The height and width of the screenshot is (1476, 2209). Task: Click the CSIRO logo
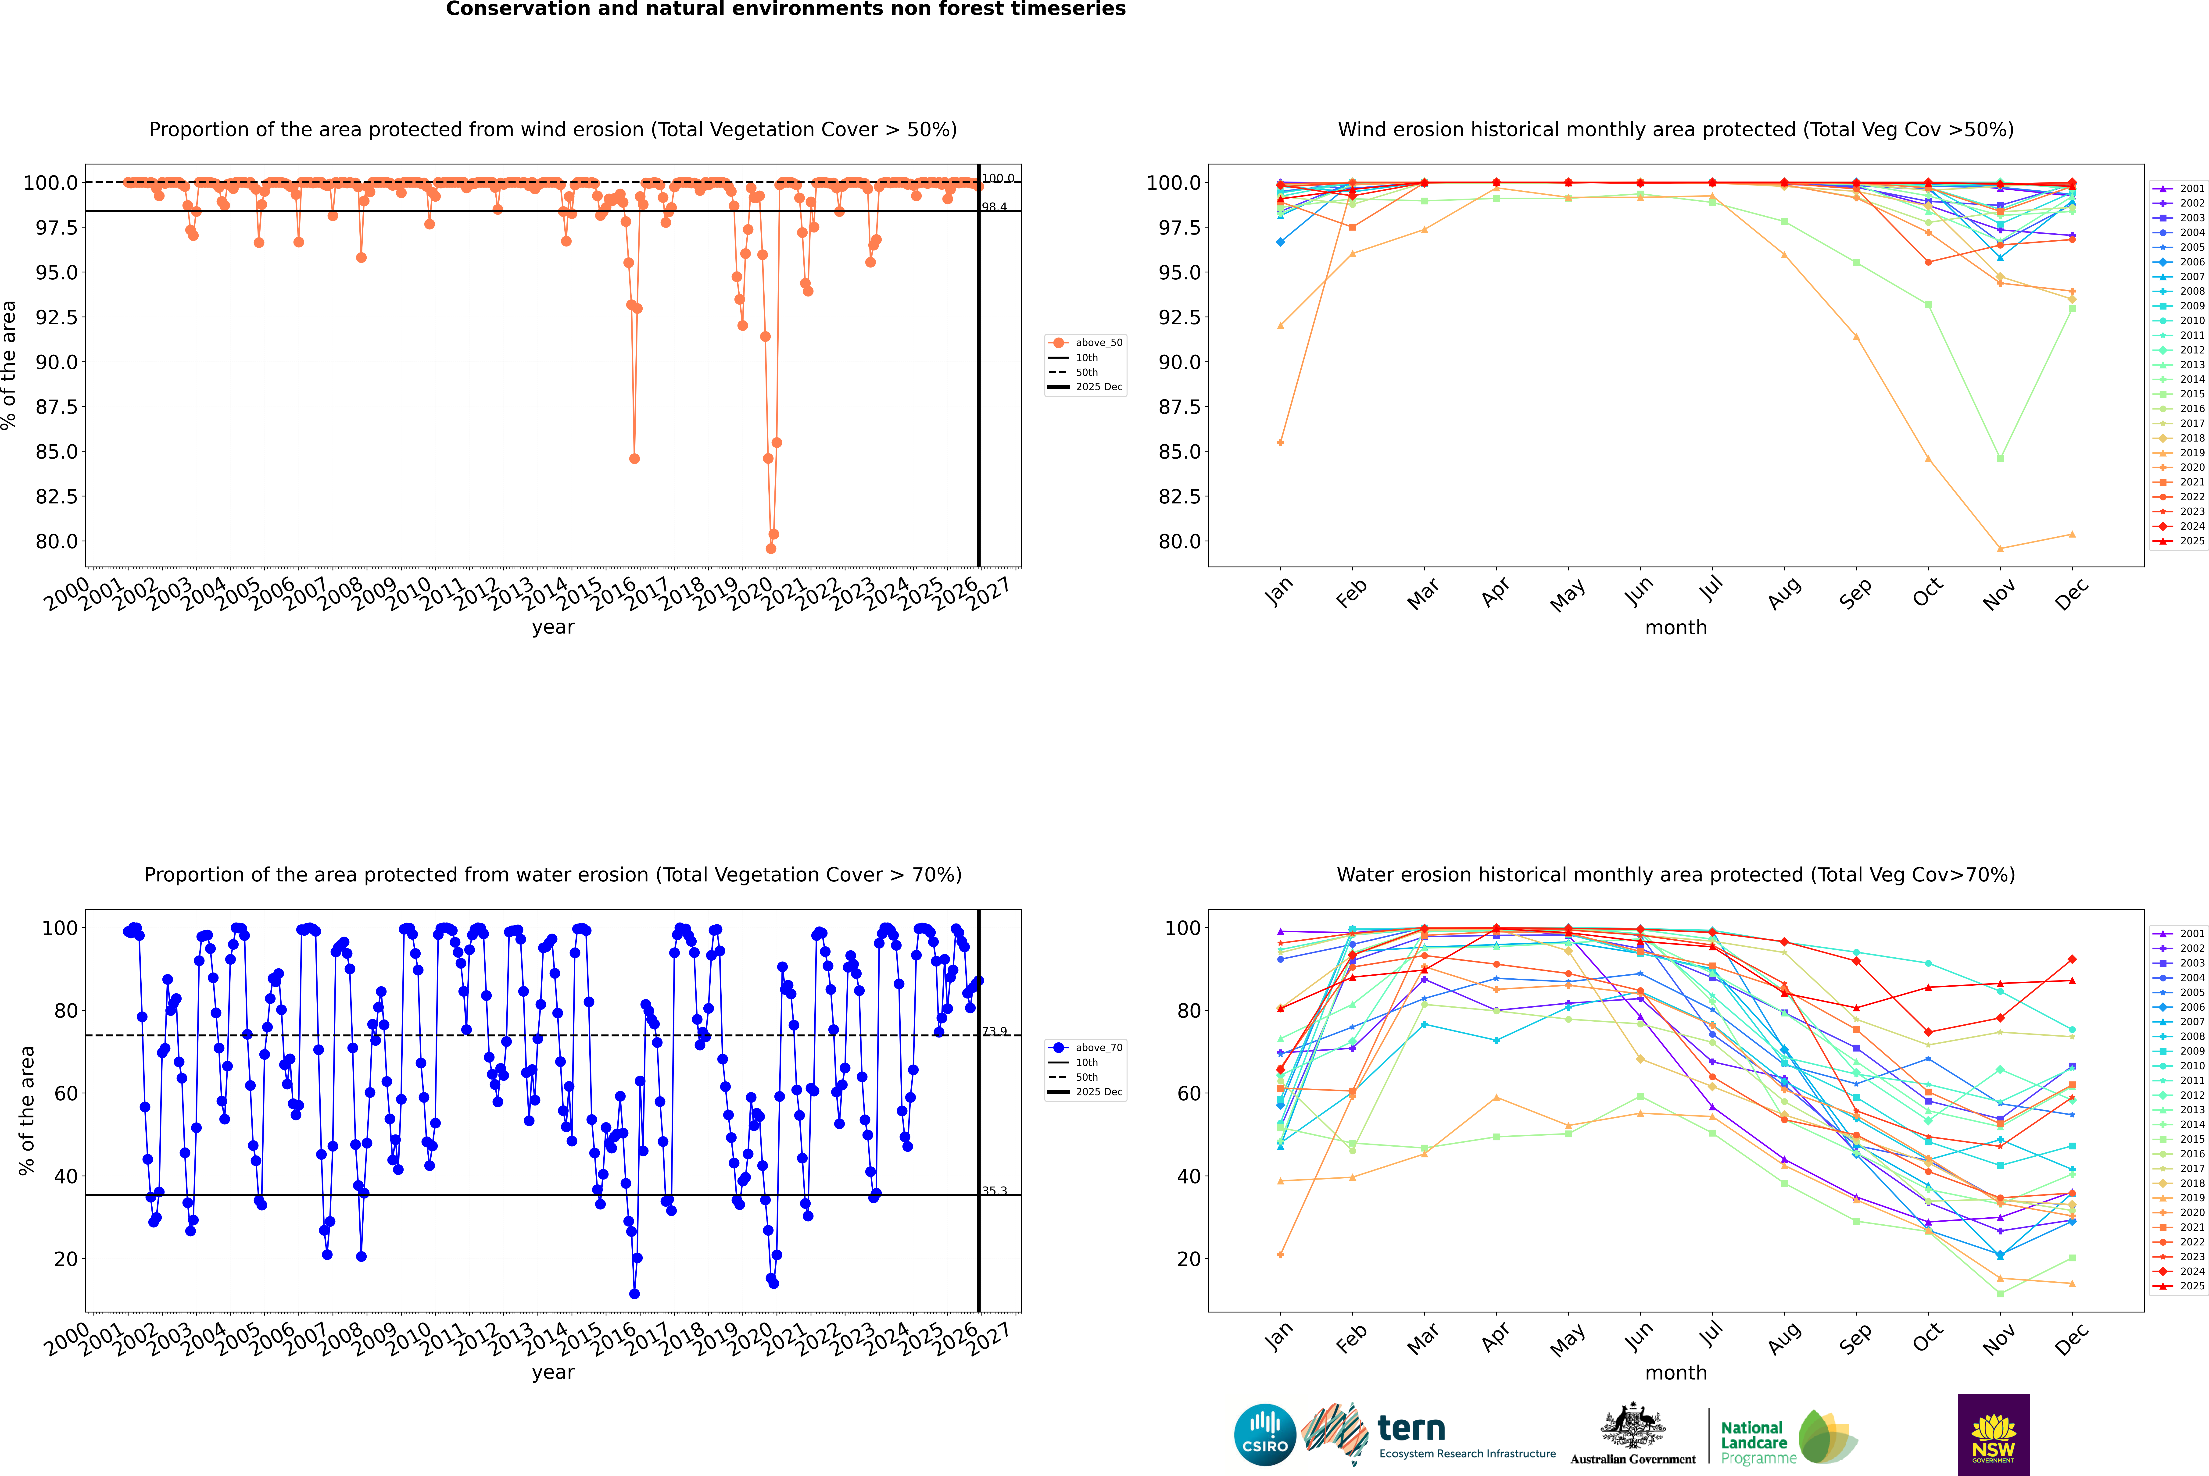tap(1265, 1435)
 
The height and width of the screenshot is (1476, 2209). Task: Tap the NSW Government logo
tap(1993, 1435)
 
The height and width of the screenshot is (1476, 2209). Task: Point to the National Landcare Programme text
tap(1753, 1442)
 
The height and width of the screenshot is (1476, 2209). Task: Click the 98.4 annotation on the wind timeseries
tap(994, 207)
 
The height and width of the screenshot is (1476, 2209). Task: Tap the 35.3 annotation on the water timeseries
tap(994, 1191)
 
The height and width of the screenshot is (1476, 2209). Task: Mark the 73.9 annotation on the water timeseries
tap(994, 1032)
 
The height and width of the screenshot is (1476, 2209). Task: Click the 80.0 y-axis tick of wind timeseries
tap(57, 541)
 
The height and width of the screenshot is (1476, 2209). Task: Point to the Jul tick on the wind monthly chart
tap(1711, 588)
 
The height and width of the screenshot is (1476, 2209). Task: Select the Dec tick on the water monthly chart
tap(2072, 1339)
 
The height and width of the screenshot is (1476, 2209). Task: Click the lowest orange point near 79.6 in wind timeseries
tap(770, 549)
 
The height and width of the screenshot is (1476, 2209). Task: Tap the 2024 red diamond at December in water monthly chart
tap(2072, 959)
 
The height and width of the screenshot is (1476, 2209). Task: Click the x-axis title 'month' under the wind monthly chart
tap(1675, 628)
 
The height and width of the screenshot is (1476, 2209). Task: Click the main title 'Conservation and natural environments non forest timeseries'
tap(785, 9)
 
